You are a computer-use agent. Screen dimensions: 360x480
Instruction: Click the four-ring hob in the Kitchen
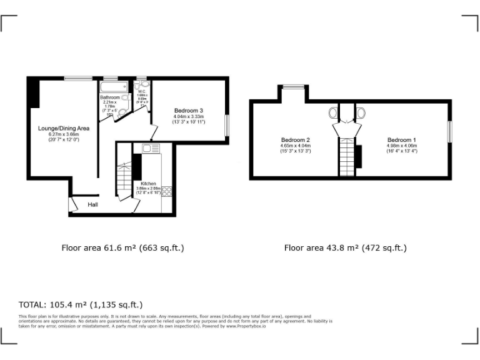(167, 192)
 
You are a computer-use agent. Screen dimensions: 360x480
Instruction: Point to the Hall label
(92, 204)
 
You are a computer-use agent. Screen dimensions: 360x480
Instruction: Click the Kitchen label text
(148, 183)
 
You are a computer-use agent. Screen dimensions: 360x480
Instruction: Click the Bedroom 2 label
(296, 139)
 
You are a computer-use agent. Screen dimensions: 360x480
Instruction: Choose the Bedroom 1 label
(401, 139)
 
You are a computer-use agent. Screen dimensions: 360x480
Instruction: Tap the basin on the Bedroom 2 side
(333, 114)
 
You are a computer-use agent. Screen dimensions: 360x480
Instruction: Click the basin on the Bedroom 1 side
(361, 114)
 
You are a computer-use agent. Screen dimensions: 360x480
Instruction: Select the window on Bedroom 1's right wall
(449, 132)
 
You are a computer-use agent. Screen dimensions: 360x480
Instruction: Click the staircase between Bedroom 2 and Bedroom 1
(346, 156)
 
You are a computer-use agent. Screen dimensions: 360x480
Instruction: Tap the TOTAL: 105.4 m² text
(81, 305)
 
